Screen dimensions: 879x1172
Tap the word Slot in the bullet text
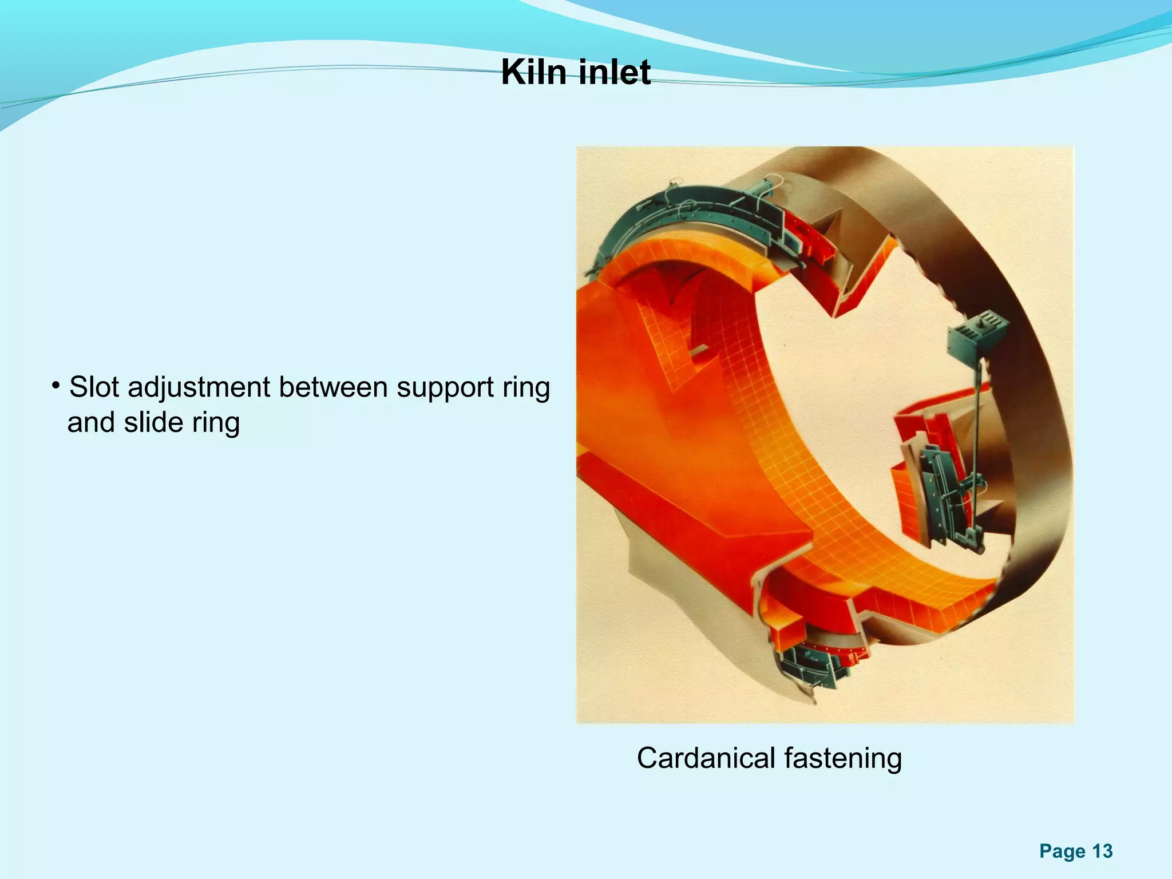94,387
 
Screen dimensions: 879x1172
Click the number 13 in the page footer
1102,851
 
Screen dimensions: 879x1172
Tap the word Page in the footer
1062,852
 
